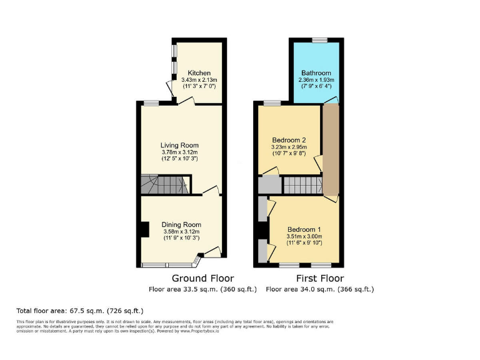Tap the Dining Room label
(181, 224)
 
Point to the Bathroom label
(316, 72)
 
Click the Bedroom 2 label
(289, 139)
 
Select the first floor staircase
(302, 184)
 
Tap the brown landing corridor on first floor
(329, 150)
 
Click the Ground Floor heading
(202, 278)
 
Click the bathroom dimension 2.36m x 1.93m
(316, 80)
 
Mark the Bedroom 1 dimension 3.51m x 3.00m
(304, 236)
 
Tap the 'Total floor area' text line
(80, 311)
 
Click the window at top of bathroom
(319, 41)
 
